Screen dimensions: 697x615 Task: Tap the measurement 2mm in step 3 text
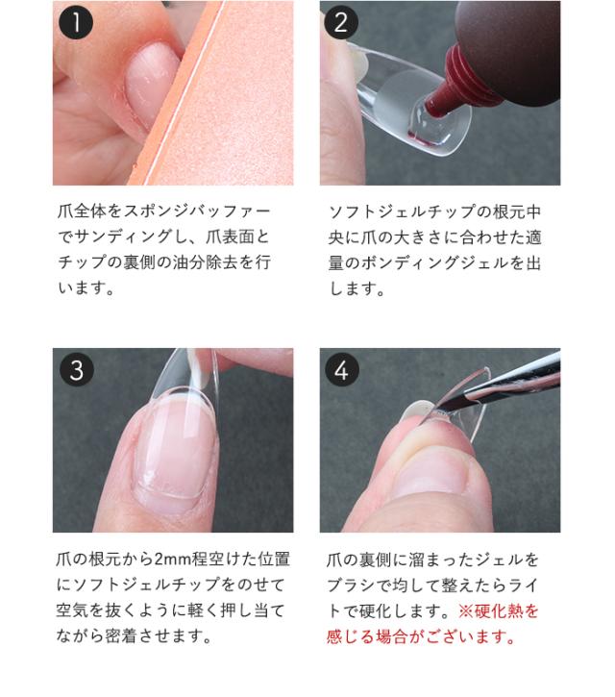point(175,559)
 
